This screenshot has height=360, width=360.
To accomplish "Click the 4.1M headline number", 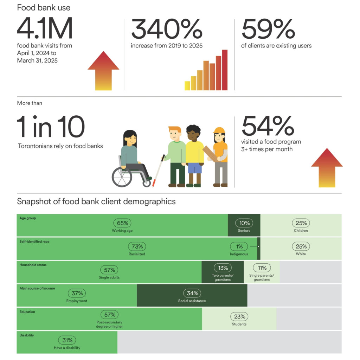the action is click(x=45, y=28).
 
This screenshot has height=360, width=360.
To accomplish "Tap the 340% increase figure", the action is click(x=167, y=29).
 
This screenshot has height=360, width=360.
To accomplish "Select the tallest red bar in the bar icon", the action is click(x=225, y=70).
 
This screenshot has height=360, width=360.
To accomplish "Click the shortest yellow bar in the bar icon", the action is click(x=187, y=86).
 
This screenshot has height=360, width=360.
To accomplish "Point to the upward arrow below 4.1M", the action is click(x=104, y=71).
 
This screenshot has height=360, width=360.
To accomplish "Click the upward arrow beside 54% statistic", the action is click(x=327, y=168).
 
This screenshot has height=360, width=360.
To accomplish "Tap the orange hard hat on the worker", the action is click(x=219, y=130).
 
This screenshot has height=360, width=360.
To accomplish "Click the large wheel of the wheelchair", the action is click(x=122, y=177).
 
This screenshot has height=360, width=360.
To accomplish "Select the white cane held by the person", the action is click(x=158, y=171).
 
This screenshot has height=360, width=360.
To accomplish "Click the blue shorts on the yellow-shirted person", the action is click(x=195, y=168).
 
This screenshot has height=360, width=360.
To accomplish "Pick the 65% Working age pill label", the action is click(x=122, y=223).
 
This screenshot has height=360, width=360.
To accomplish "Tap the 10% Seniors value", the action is click(x=244, y=223).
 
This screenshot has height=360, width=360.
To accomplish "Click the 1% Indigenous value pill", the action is click(x=239, y=246).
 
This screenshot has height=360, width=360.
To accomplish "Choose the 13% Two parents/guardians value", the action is click(x=223, y=268).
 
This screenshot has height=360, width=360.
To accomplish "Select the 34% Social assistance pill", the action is click(x=192, y=293).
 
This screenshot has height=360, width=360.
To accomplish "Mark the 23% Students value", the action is click(x=239, y=317).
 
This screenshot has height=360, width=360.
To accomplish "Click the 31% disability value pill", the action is click(x=67, y=340).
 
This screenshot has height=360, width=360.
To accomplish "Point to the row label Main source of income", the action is click(x=37, y=288).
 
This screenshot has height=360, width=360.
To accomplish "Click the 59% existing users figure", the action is click(x=268, y=29).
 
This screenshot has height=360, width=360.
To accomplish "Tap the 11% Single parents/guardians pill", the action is click(x=262, y=268).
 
